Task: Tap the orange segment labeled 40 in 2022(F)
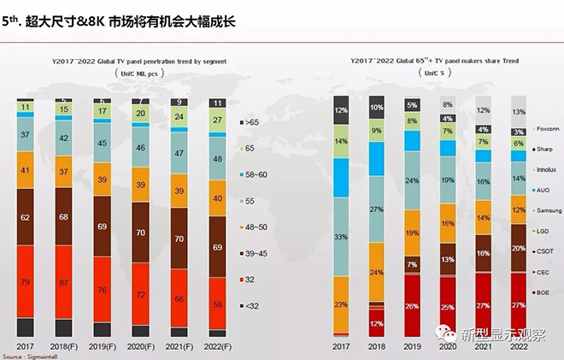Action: click(217, 198)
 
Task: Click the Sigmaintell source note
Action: click(26, 355)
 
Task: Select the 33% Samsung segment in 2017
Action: click(342, 237)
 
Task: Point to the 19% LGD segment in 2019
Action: click(413, 233)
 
